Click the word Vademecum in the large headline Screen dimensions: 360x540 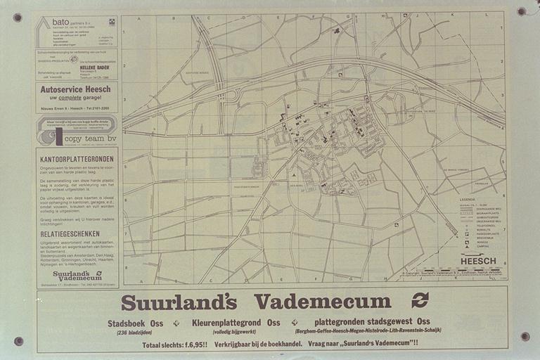coord(323,301)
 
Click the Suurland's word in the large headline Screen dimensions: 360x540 coord(179,302)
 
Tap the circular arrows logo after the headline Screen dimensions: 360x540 coord(420,300)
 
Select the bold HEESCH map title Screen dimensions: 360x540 coord(478,261)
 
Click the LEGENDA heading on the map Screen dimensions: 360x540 coord(468,200)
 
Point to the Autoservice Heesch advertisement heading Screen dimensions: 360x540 coord(76,90)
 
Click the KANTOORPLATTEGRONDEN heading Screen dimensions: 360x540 coord(77,160)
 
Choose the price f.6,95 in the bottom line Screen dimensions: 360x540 coord(193,345)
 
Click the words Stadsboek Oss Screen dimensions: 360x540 coord(136,323)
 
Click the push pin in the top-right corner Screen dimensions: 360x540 coord(521,11)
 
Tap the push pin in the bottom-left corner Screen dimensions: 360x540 coord(18,341)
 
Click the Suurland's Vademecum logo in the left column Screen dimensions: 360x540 coord(77,276)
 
